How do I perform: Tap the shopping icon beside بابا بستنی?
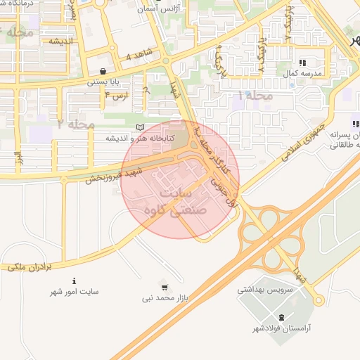point(104,70)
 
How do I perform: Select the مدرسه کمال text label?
point(307,73)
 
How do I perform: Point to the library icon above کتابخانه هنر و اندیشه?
point(139,127)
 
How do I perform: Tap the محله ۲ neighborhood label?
point(76,124)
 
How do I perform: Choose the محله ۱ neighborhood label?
point(255,94)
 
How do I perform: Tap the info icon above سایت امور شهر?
point(75,281)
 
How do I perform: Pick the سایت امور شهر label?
point(75,291)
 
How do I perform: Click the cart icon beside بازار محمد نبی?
point(164,287)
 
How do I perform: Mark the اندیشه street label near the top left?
point(62,41)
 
